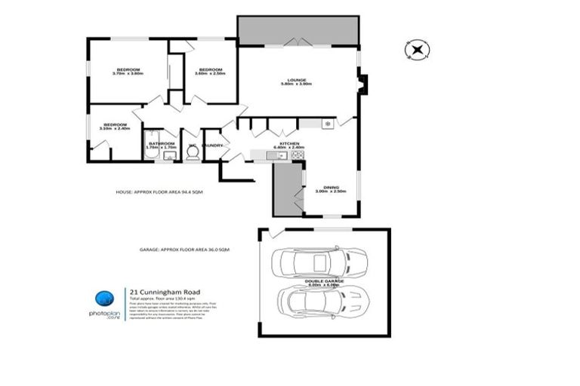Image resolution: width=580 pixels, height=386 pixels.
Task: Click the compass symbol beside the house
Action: (416, 50)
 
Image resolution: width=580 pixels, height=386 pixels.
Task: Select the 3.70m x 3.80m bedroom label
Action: (127, 71)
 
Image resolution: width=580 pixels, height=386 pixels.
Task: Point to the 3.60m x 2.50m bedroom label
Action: (209, 71)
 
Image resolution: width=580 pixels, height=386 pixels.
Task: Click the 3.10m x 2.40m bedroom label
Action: (115, 126)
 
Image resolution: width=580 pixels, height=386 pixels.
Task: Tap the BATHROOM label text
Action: (162, 143)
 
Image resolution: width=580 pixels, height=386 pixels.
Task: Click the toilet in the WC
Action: (193, 153)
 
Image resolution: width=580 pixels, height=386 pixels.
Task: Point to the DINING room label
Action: (331, 188)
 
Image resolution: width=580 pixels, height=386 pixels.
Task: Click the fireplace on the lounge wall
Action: (362, 84)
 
